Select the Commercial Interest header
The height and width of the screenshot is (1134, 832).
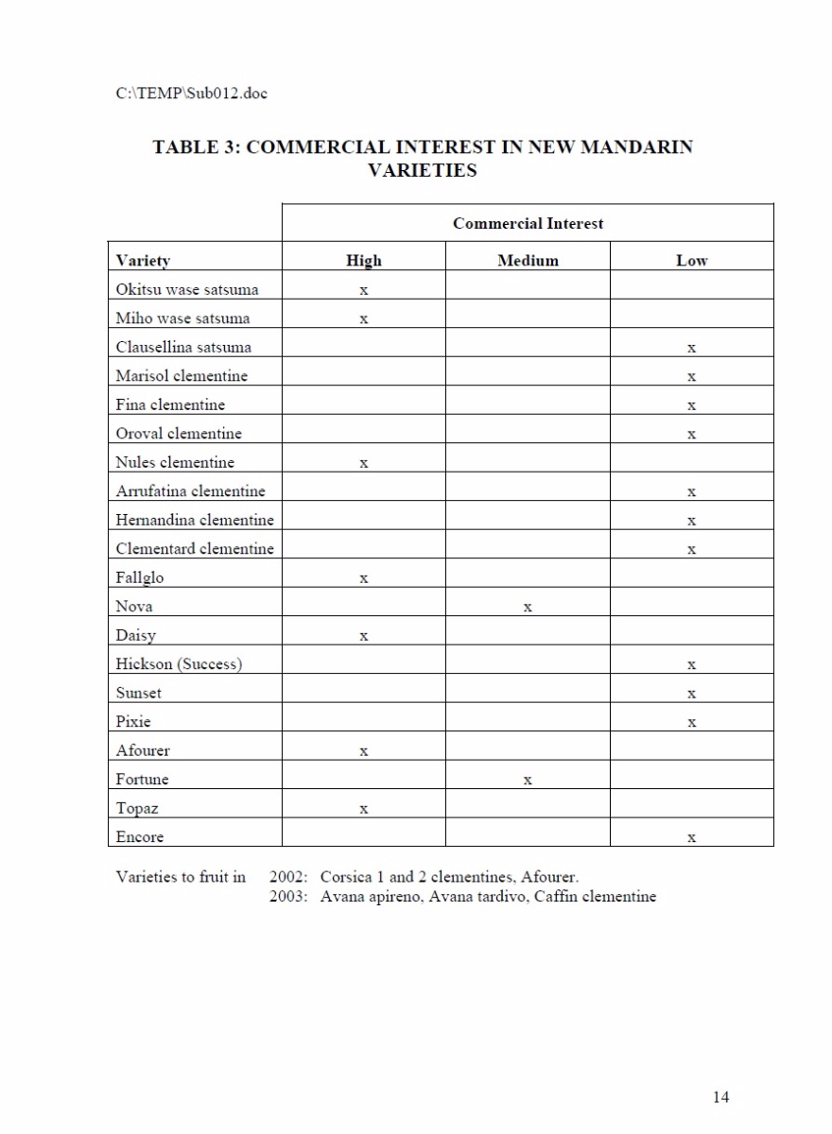coord(528,224)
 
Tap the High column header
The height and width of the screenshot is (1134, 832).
coord(364,261)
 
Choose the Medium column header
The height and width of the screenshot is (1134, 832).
coord(528,261)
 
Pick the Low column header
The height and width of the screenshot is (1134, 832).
coord(691,261)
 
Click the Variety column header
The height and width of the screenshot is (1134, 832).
coord(143,261)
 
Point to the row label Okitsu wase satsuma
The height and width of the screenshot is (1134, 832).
coord(187,289)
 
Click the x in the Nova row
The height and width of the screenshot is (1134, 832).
coord(528,608)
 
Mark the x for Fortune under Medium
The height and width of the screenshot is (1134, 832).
coord(528,781)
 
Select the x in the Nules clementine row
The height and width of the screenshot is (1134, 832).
coord(364,463)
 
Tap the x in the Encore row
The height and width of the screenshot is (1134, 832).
coord(692,838)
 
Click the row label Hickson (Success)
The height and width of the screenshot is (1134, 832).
coord(179,664)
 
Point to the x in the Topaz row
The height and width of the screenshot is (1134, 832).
coord(364,810)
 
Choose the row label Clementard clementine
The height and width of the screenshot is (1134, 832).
coord(195,549)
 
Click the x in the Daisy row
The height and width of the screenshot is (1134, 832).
coord(364,637)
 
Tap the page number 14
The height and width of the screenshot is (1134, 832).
coord(720,1097)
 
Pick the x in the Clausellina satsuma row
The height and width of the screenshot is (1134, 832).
coord(692,348)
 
